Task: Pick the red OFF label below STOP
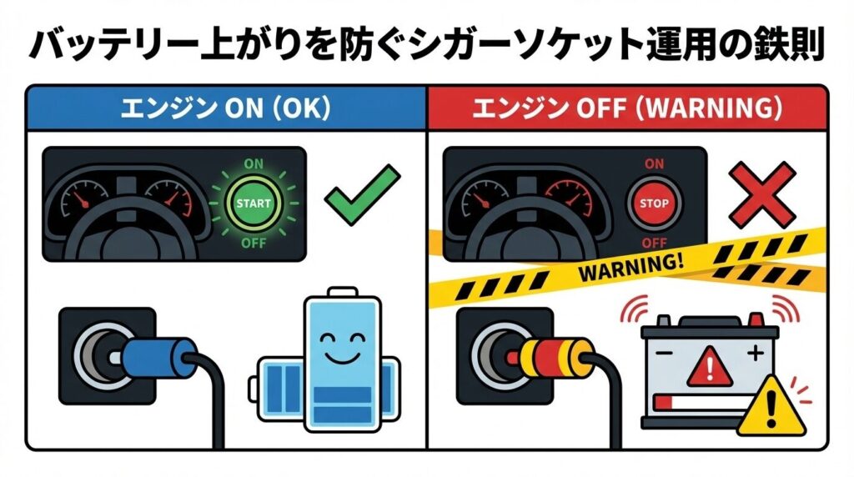(655, 244)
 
